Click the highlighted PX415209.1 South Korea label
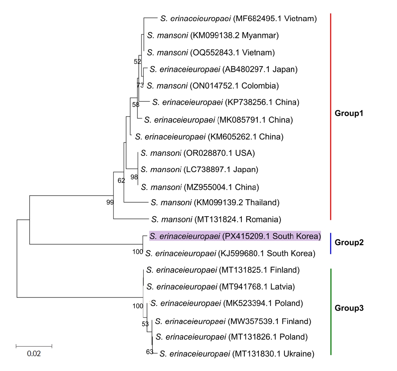pyautogui.click(x=235, y=237)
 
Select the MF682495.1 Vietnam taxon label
pyautogui.click(x=238, y=19)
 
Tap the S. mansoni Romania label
pyautogui.click(x=216, y=219)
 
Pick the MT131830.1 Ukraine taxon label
pyautogui.click(x=237, y=354)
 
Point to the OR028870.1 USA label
pyautogui.click(x=198, y=153)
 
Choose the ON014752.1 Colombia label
pyautogui.click(x=213, y=86)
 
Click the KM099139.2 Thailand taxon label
pyautogui.click(x=215, y=202)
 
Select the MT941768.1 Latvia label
pyautogui.click(x=221, y=287)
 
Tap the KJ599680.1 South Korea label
pyautogui.click(x=230, y=254)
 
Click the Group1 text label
pyautogui.click(x=349, y=113)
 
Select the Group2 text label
pyautogui.click(x=349, y=243)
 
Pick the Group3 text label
pyautogui.click(x=349, y=308)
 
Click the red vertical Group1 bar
pyautogui.click(x=331, y=117)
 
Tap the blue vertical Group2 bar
pyautogui.click(x=331, y=243)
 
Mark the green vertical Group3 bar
pyautogui.click(x=331, y=312)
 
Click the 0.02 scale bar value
pyautogui.click(x=34, y=354)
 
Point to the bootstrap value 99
pyautogui.click(x=110, y=202)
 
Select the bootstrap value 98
pyautogui.click(x=134, y=177)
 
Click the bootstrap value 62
pyautogui.click(x=121, y=180)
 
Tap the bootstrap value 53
pyautogui.click(x=145, y=324)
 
